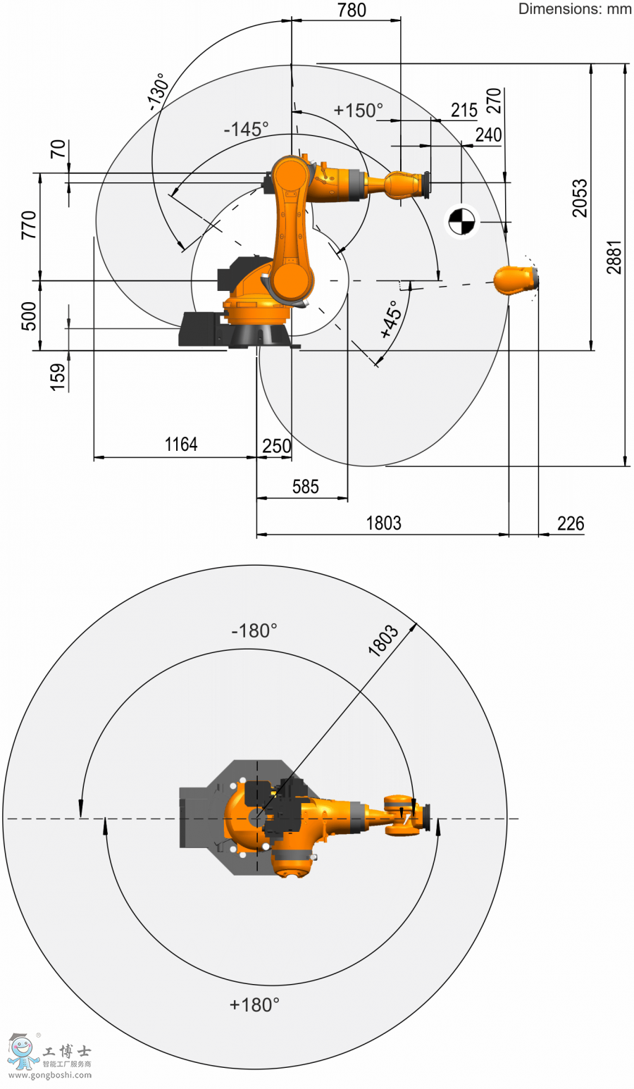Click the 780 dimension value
(352, 10)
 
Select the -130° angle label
(158, 92)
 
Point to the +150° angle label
(359, 111)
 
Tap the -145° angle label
(246, 130)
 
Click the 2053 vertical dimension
(580, 198)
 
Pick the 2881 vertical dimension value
(614, 257)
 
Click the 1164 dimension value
(181, 444)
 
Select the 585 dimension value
(305, 487)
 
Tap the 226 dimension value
(571, 523)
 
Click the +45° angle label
(392, 319)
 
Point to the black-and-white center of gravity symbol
(461, 222)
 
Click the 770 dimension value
(29, 225)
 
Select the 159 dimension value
(57, 378)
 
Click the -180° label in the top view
(254, 631)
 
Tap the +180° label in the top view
(254, 1005)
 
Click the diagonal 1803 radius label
(383, 640)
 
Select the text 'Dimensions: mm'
(575, 8)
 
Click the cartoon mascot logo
(22, 1052)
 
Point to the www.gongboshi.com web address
(50, 1075)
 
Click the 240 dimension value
(488, 135)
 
